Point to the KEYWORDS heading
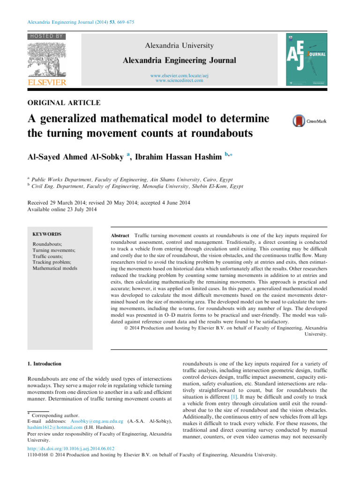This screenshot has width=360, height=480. pyautogui.click(x=47, y=234)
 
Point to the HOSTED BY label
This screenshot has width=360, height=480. pyautogui.click(x=47, y=36)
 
